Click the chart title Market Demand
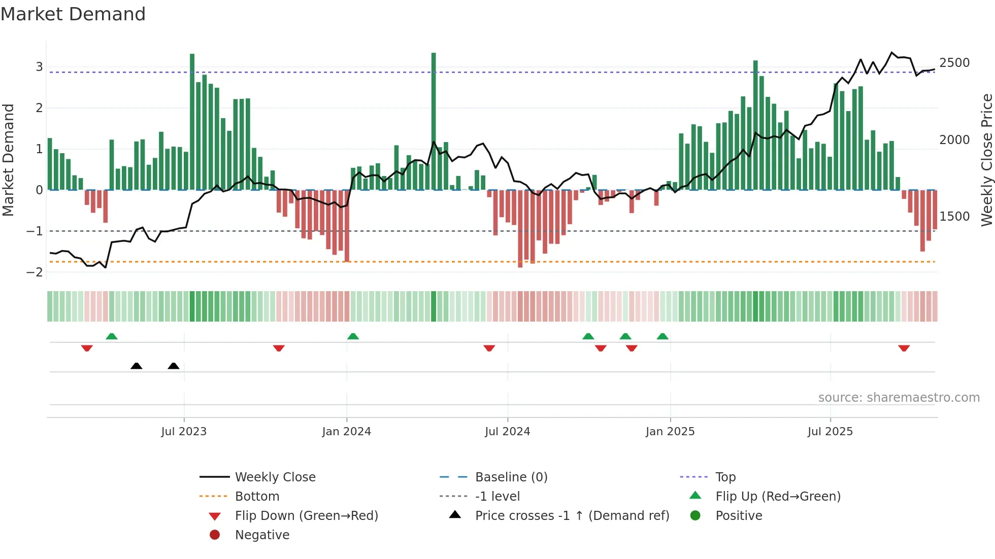pyautogui.click(x=73, y=14)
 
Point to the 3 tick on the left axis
pyautogui.click(x=39, y=67)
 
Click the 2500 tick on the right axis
pyautogui.click(x=954, y=63)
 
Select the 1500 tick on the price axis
pyautogui.click(x=954, y=217)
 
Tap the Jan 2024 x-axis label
pyautogui.click(x=346, y=432)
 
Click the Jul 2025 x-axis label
pyautogui.click(x=830, y=432)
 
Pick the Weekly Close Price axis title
pyautogui.click(x=986, y=160)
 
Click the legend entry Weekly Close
pyautogui.click(x=275, y=477)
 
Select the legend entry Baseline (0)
pyautogui.click(x=511, y=477)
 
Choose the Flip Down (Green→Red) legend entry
pyautogui.click(x=306, y=516)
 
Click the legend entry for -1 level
pyautogui.click(x=497, y=497)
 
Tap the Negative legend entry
pyautogui.click(x=262, y=535)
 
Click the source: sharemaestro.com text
pyautogui.click(x=899, y=398)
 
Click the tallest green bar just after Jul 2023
pyautogui.click(x=192, y=122)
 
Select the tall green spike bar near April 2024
pyautogui.click(x=434, y=122)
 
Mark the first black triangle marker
pyautogui.click(x=136, y=366)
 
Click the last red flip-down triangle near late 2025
pyautogui.click(x=904, y=348)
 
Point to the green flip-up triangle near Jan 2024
pyautogui.click(x=353, y=336)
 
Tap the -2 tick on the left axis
pyautogui.click(x=35, y=272)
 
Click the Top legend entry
pyautogui.click(x=725, y=477)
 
